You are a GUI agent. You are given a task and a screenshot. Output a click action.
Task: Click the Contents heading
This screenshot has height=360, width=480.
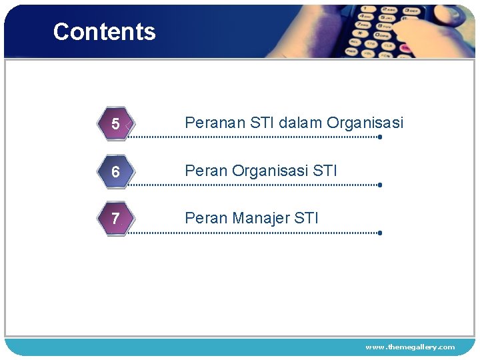104,31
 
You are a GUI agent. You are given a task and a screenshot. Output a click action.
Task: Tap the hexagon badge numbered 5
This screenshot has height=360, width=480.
116,124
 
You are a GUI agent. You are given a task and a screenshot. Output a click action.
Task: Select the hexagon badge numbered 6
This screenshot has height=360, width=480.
116,172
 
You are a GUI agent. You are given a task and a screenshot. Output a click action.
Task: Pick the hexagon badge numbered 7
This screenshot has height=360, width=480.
116,219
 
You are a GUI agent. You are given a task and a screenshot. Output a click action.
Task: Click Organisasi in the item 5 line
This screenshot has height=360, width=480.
365,123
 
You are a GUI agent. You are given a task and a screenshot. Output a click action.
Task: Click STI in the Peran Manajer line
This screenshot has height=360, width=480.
307,218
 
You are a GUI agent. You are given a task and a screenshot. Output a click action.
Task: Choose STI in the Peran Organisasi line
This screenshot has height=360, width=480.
325,171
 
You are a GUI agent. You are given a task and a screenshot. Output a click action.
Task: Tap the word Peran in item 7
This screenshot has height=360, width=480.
206,218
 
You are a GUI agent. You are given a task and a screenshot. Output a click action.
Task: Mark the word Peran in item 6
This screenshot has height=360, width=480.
206,171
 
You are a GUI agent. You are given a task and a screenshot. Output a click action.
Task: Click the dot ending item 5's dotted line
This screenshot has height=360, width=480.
379,137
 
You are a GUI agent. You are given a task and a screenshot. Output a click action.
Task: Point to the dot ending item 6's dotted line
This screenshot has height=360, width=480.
379,185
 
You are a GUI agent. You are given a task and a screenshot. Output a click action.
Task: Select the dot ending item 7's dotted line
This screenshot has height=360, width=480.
379,233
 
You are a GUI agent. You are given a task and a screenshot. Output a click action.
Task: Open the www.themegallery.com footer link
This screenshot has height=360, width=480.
410,347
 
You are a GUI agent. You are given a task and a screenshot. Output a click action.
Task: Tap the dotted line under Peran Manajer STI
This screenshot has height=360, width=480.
253,233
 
